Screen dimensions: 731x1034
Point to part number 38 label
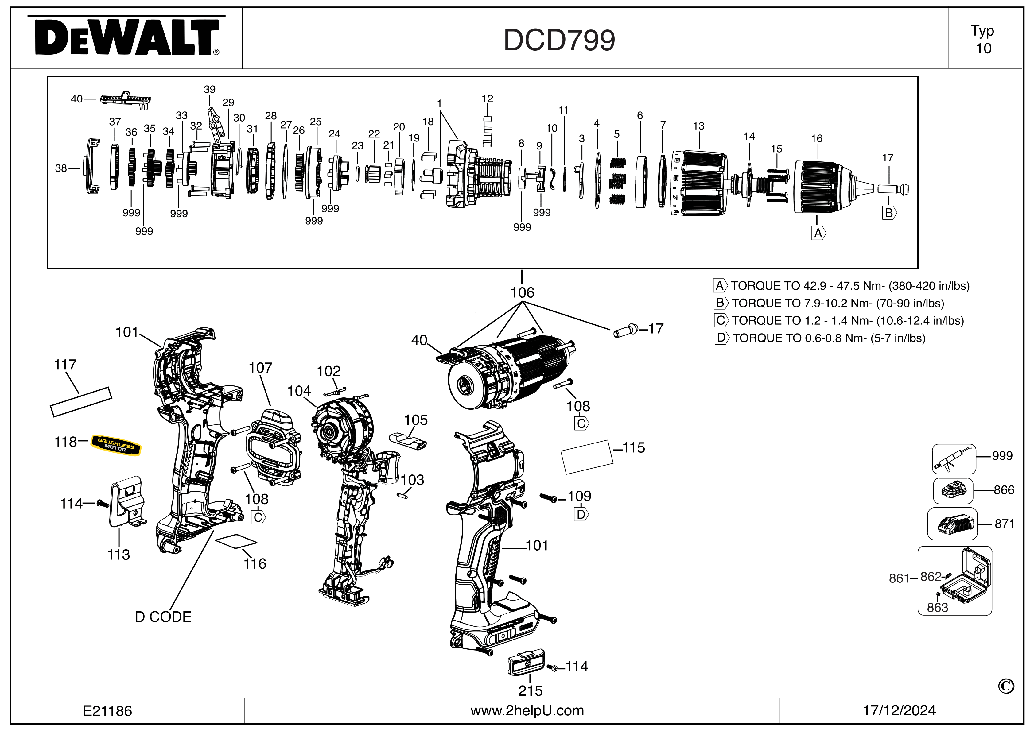pos(61,168)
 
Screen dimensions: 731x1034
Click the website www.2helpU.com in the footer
pos(527,711)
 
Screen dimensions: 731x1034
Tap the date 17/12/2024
pos(899,711)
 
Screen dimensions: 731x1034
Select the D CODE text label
pos(163,617)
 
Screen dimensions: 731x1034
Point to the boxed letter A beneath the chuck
pos(818,234)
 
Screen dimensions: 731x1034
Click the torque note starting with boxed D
pos(820,338)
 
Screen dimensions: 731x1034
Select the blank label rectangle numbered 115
pos(587,457)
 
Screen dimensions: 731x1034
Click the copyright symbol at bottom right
pos(1006,686)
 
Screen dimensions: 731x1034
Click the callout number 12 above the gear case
pos(487,99)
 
